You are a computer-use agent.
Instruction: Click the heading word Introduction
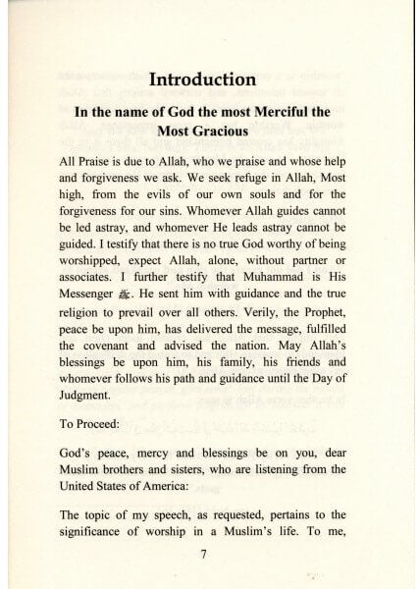pyautogui.click(x=209, y=78)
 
